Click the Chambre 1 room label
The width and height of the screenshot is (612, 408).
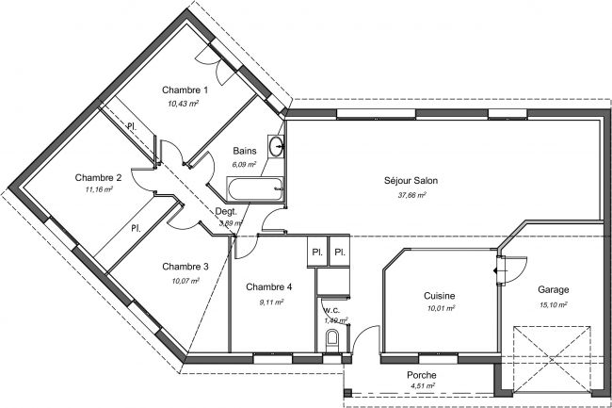(185, 90)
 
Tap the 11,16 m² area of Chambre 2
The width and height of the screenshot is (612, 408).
(97, 189)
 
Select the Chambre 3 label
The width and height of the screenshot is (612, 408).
(185, 267)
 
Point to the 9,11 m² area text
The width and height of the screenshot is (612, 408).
(271, 302)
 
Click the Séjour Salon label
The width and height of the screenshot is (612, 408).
(411, 181)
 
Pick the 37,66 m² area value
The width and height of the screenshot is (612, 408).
(411, 195)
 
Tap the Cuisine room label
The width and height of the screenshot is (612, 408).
(440, 296)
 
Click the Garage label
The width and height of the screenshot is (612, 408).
(554, 289)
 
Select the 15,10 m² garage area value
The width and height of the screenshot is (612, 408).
(554, 304)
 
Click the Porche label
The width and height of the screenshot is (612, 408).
(422, 375)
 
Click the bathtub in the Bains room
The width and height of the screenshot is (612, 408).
(254, 188)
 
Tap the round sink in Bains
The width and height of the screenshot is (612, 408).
(276, 146)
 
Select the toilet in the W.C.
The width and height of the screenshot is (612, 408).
(331, 338)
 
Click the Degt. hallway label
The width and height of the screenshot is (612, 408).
(226, 212)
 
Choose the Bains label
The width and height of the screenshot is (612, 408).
(245, 151)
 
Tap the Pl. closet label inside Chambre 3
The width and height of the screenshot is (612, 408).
(136, 228)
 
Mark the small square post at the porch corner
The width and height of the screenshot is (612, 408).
(347, 393)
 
